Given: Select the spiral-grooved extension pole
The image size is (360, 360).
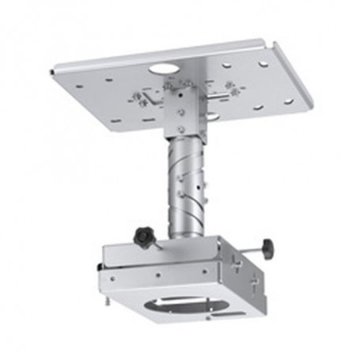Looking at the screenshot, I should click(186, 183).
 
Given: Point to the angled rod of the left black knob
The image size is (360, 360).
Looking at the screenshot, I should click(158, 242).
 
